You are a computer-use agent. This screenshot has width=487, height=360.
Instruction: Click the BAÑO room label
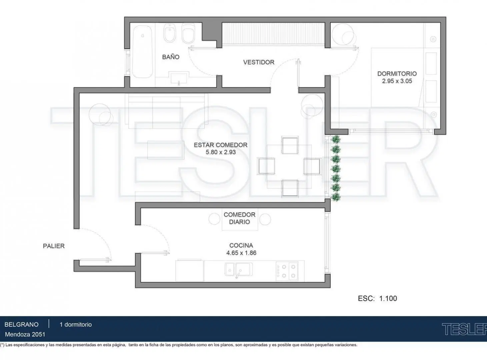click(171, 57)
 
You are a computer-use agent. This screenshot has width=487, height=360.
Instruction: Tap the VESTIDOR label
click(259, 62)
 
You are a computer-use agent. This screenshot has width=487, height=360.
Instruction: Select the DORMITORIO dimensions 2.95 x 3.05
click(397, 81)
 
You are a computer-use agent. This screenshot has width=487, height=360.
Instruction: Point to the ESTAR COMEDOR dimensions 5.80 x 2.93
click(221, 152)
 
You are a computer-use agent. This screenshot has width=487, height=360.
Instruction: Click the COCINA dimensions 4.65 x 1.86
click(241, 253)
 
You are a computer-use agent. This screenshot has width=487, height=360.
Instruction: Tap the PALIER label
click(54, 246)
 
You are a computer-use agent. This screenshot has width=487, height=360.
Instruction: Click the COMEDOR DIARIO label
click(240, 218)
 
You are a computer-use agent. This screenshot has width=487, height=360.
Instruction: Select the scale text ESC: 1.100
click(377, 298)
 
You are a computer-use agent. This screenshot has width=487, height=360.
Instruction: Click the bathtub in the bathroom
click(142, 52)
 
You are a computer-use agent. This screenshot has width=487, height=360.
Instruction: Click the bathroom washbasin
click(179, 78)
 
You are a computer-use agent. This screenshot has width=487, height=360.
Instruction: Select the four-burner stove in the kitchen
click(287, 271)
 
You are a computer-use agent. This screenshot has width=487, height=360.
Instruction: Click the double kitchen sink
click(238, 269)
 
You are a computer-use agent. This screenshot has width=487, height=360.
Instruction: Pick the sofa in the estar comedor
click(166, 111)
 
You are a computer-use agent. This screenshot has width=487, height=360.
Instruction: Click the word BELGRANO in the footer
click(22, 324)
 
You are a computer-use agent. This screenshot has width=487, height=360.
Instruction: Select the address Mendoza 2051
click(25, 334)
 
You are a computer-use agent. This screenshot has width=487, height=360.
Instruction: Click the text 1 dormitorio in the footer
click(76, 324)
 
